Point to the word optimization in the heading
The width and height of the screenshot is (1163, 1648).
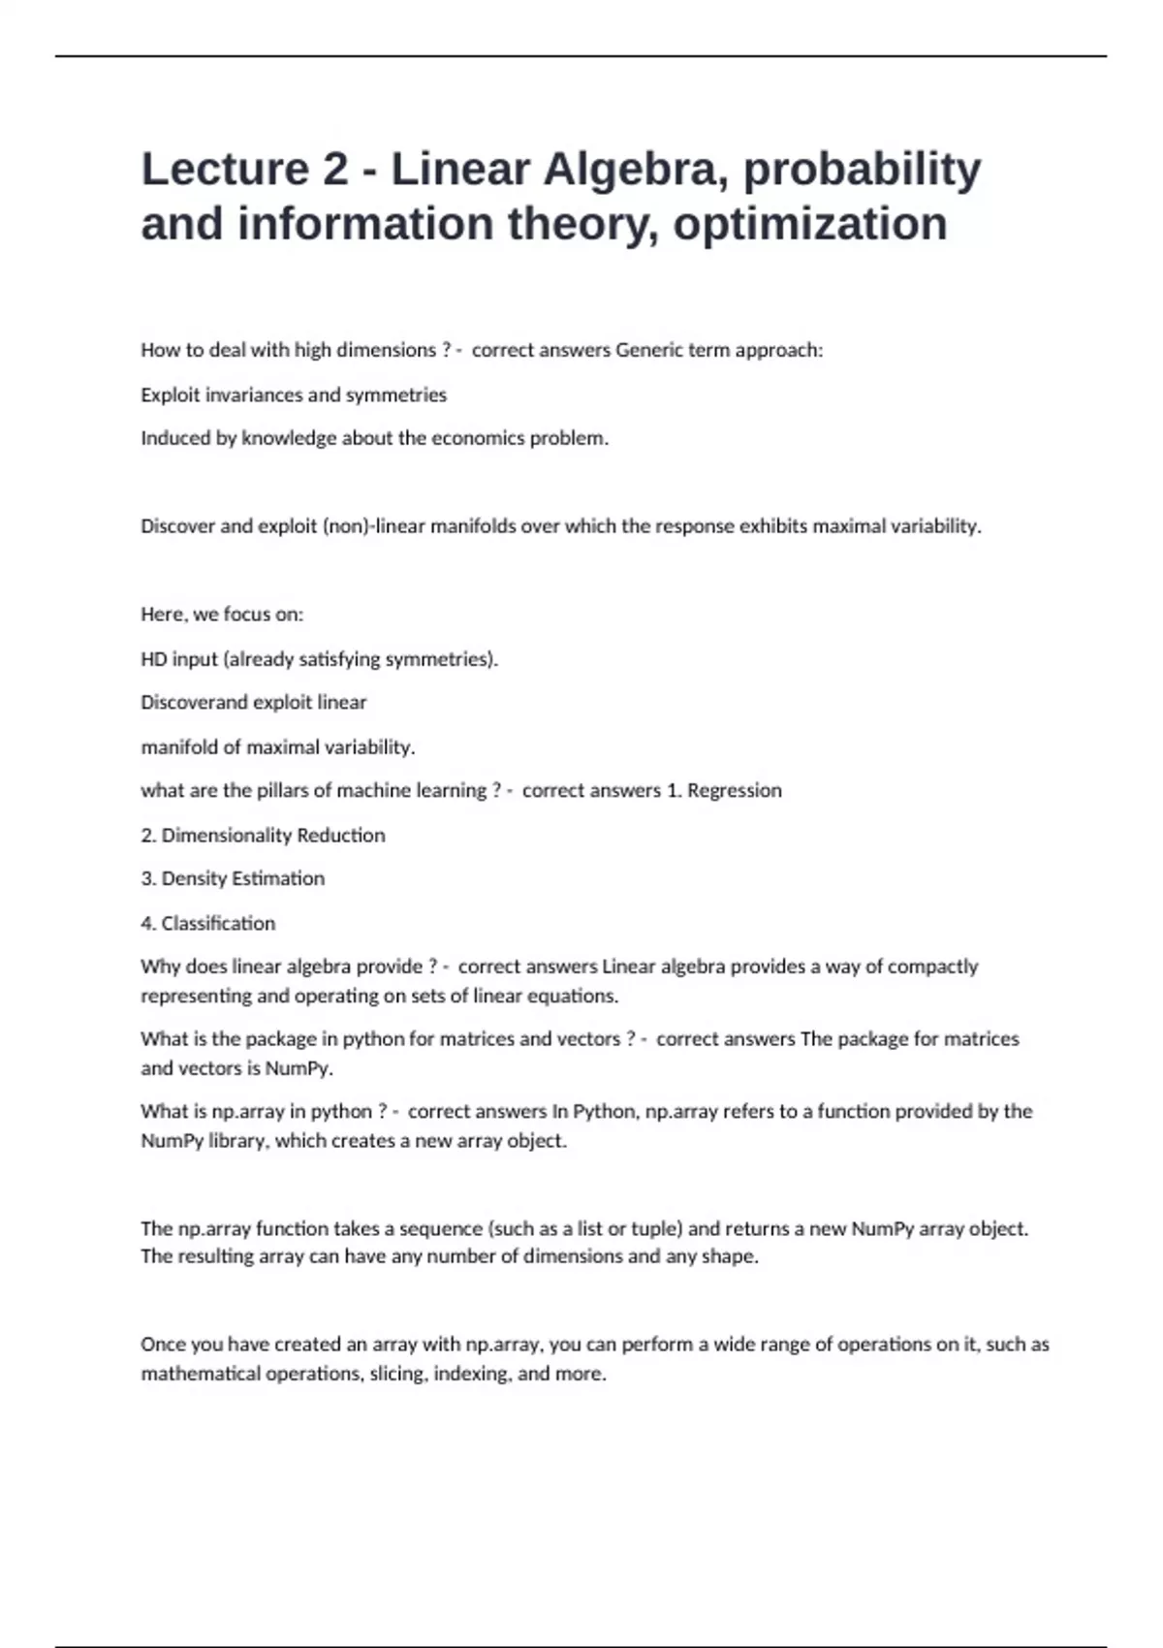click(x=810, y=224)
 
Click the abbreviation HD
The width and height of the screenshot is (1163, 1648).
click(x=153, y=659)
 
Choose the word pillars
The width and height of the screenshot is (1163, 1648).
click(x=288, y=790)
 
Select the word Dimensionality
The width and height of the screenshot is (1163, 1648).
click(x=226, y=835)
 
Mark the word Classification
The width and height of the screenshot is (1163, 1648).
click(x=218, y=923)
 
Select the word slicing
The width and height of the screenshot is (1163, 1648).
click(x=398, y=1374)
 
